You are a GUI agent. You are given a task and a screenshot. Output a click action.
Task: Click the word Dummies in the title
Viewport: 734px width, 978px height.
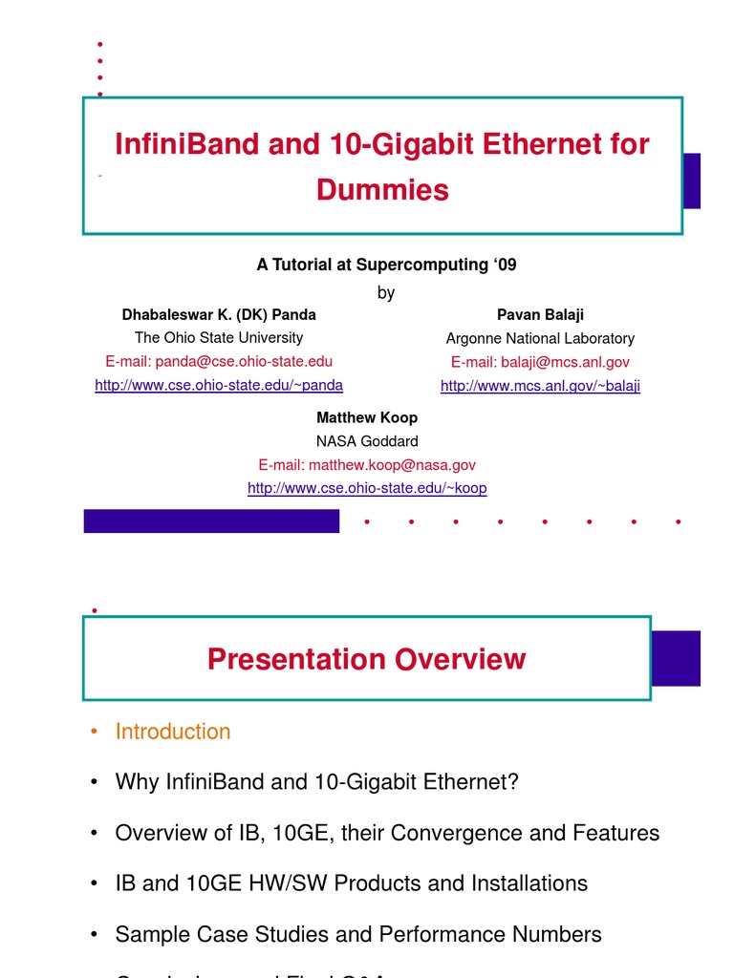(382, 190)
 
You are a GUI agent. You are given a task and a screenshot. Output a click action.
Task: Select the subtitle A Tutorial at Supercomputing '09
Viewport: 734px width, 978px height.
(386, 265)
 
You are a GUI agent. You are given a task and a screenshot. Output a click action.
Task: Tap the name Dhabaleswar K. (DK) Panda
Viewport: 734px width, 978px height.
(219, 314)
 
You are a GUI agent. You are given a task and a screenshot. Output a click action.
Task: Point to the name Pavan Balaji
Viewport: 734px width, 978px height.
(540, 314)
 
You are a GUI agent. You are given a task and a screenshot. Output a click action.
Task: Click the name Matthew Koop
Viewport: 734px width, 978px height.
(367, 417)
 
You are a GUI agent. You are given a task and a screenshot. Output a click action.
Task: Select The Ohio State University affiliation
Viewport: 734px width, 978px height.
(219, 337)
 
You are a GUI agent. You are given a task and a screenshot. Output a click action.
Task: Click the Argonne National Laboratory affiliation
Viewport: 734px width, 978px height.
(540, 338)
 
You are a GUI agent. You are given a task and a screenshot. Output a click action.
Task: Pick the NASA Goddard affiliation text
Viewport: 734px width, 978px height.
(367, 441)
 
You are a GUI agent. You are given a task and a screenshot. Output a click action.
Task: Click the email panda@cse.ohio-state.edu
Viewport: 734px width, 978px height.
(219, 361)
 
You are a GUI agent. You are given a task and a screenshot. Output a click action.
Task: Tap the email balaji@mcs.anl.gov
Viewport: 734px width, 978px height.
(540, 362)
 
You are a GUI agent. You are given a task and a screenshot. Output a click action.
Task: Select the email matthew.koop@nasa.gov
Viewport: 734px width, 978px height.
(367, 464)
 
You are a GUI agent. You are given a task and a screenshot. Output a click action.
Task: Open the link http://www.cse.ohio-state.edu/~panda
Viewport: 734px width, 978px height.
(219, 385)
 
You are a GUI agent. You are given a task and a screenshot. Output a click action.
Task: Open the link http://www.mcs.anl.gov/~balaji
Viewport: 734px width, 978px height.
(540, 386)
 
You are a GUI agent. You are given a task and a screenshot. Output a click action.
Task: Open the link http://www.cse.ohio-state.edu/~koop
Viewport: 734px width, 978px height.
(367, 488)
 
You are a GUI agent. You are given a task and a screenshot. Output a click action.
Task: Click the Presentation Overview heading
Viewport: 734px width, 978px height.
(366, 659)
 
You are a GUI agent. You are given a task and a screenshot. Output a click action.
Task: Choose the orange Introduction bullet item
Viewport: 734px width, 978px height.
(173, 732)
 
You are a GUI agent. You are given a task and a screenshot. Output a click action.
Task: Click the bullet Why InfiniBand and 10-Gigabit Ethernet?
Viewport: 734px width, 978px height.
(316, 782)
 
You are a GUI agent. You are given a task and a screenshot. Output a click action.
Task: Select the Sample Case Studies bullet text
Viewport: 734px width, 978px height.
(358, 934)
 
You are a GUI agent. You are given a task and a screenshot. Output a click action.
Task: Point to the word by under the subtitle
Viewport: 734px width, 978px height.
(385, 292)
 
